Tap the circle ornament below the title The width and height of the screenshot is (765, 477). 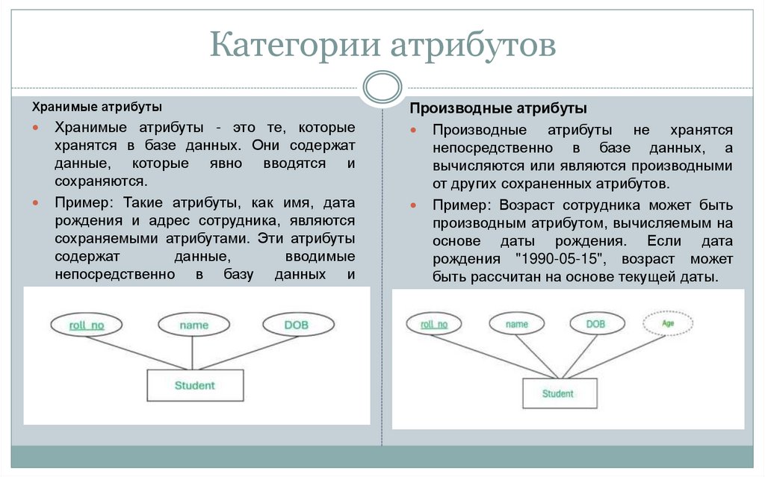[382, 87]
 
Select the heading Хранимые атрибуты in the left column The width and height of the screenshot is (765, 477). [99, 107]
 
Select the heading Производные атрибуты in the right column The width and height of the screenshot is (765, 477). [498, 109]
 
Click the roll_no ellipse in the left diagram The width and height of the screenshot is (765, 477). [87, 325]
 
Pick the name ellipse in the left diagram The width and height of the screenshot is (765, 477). [194, 325]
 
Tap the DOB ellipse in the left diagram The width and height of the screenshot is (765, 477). [297, 325]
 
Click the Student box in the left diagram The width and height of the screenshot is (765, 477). [194, 386]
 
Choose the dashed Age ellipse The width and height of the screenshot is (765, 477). [668, 324]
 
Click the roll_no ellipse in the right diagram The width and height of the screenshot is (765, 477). [434, 324]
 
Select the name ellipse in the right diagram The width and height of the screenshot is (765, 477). [516, 324]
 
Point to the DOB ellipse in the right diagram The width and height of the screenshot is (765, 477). [595, 324]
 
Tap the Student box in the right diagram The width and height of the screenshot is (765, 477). [558, 393]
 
